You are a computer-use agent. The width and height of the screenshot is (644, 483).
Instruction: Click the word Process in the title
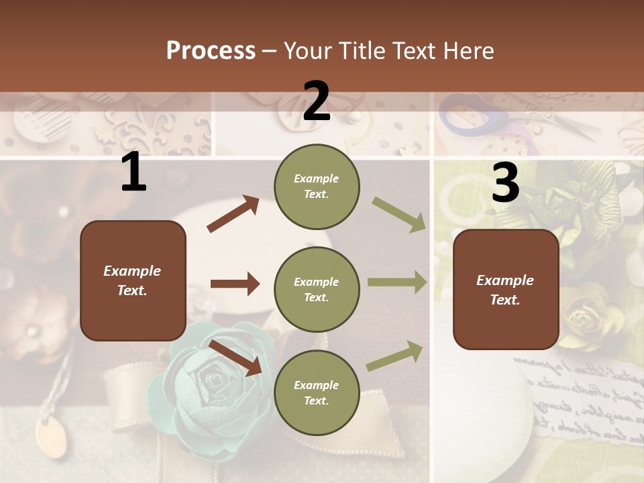[x=211, y=51]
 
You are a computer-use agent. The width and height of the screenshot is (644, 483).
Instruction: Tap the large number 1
[x=133, y=172]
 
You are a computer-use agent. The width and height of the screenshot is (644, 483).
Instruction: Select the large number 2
[x=317, y=101]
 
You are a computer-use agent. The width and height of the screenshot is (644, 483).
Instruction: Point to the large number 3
[x=505, y=183]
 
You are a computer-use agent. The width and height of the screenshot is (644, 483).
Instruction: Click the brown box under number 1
[x=133, y=280]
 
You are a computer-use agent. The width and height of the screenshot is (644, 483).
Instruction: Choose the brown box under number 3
[x=506, y=289]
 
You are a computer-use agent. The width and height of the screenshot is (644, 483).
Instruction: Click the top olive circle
[x=317, y=186]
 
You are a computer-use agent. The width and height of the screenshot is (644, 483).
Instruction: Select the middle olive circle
[x=317, y=289]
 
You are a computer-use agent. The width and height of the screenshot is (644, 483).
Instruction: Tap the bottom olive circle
[x=317, y=392]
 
